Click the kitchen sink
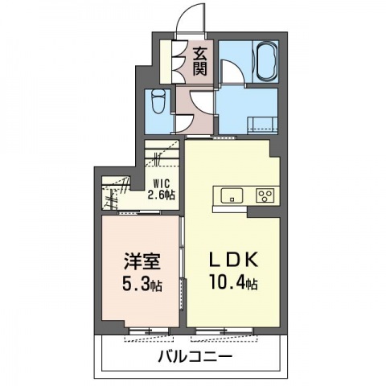pyautogui.click(x=231, y=195)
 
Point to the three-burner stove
pyautogui.click(x=265, y=195)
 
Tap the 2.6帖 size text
pyautogui.click(x=164, y=195)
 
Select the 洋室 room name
pyautogui.click(x=137, y=263)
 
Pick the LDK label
pyautogui.click(x=233, y=261)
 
